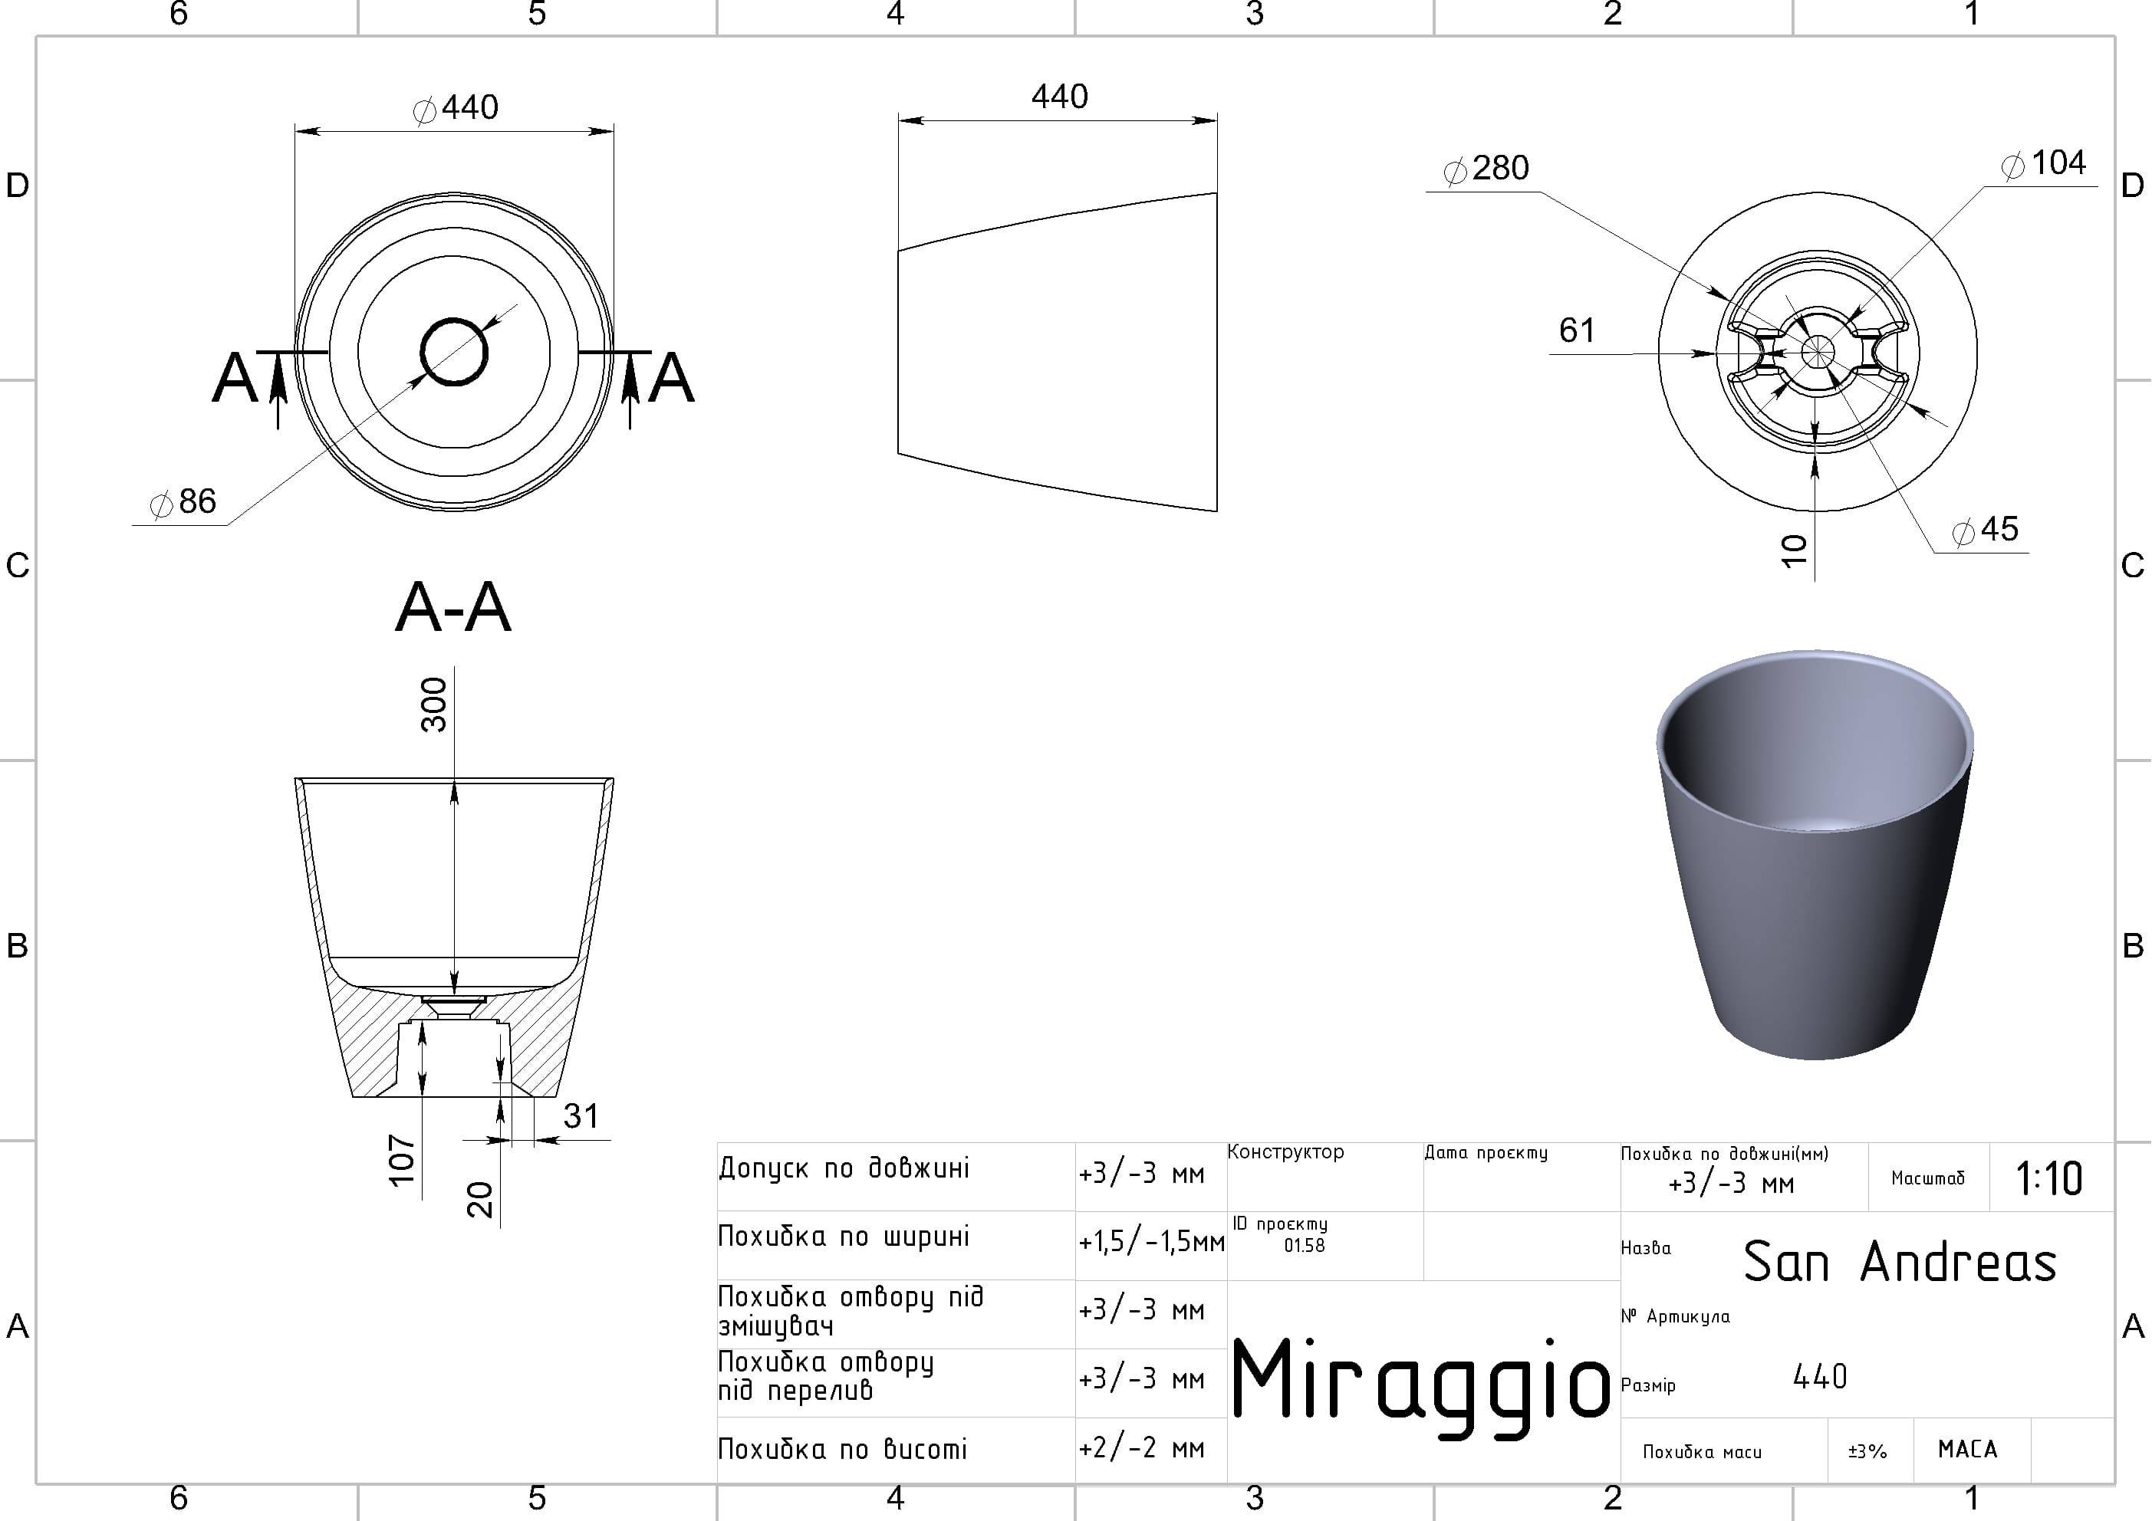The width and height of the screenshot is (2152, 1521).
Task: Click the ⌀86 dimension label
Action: [184, 502]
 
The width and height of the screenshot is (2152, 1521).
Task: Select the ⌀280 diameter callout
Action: [1486, 169]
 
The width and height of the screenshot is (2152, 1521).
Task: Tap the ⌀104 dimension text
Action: [2044, 163]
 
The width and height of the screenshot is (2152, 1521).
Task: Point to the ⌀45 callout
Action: [1985, 530]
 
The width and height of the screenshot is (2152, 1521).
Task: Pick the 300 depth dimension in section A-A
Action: [434, 705]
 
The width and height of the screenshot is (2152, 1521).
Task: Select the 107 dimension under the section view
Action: [402, 1160]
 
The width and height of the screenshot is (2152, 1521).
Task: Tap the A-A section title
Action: [454, 607]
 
